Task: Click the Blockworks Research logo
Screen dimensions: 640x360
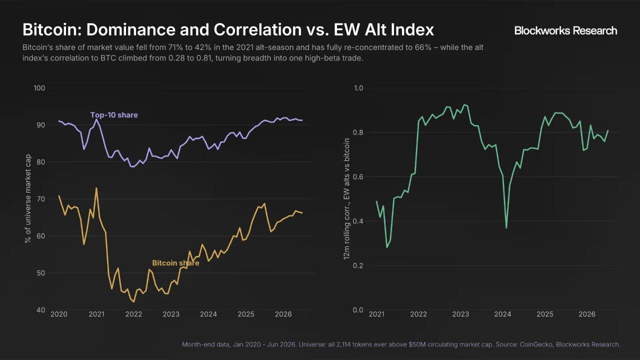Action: point(565,30)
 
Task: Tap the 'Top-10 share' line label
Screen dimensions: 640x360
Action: point(114,115)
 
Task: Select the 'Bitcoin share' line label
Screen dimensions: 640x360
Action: point(175,263)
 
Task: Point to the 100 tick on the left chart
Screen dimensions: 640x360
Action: point(39,88)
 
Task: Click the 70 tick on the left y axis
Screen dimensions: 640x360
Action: point(41,199)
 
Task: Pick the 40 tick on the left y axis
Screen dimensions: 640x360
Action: point(41,309)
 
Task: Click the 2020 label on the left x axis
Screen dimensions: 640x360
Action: point(59,314)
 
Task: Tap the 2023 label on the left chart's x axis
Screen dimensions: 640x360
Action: point(171,314)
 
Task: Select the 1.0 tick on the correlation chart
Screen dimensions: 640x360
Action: point(358,88)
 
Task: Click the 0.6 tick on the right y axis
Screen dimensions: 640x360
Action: point(358,177)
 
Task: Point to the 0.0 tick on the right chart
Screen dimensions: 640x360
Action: point(358,309)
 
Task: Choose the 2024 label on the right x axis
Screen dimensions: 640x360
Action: point(502,314)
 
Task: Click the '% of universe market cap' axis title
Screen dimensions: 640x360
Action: point(27,199)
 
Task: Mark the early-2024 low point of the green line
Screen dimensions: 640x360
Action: point(506,227)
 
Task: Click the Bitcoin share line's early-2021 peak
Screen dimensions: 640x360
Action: point(96,188)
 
